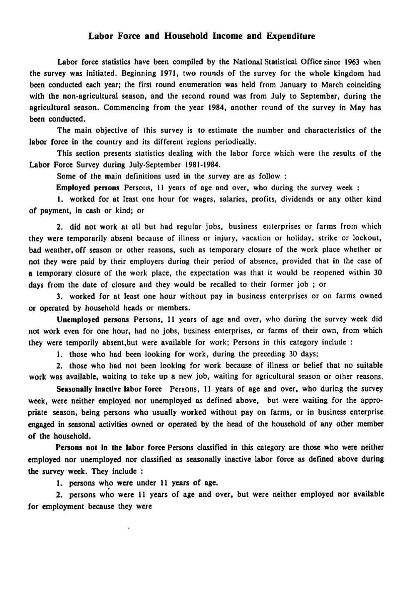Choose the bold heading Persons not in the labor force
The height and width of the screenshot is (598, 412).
[x=111, y=448]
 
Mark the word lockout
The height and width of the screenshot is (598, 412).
[x=367, y=239]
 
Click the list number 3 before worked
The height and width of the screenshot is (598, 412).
[x=59, y=296]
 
